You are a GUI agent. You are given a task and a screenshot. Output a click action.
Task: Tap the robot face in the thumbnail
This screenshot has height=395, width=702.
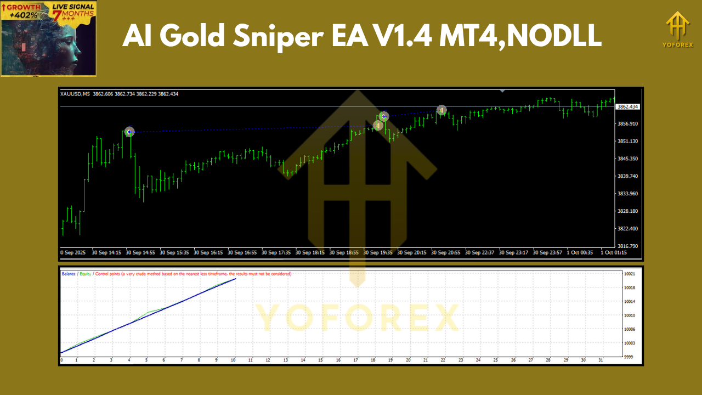click(x=71, y=47)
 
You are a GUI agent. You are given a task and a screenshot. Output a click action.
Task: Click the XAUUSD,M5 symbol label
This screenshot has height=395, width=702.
click(x=76, y=94)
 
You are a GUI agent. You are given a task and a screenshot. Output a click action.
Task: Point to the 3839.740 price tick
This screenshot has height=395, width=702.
click(x=627, y=176)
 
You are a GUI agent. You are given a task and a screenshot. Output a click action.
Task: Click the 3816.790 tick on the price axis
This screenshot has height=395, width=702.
click(x=627, y=246)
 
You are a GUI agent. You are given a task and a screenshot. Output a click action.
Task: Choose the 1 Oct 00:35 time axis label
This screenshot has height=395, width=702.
click(x=580, y=253)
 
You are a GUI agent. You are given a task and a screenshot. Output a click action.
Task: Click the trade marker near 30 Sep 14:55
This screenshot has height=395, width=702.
click(x=129, y=132)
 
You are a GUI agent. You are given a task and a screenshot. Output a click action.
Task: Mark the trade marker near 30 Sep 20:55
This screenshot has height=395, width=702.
click(x=441, y=110)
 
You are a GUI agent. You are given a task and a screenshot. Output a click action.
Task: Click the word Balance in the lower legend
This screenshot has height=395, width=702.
click(x=69, y=273)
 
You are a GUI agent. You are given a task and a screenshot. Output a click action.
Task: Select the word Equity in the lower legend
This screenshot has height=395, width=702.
click(x=85, y=273)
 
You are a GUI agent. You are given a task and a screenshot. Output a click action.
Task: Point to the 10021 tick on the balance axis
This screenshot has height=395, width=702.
click(x=629, y=273)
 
